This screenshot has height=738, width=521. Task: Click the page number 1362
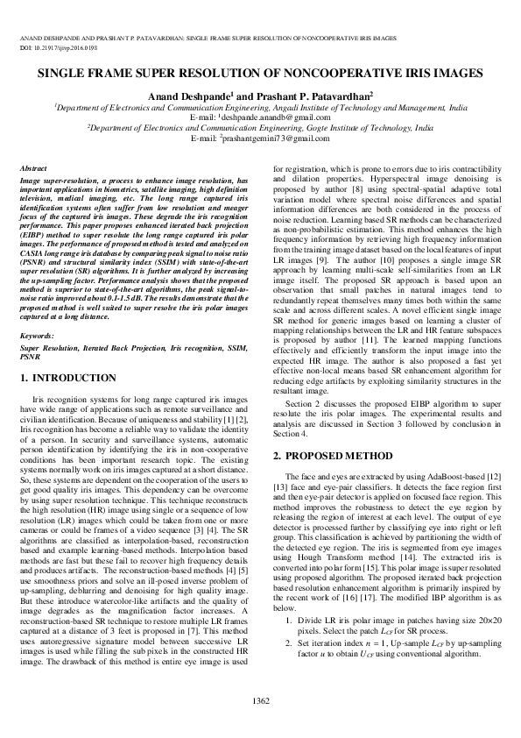point(260,700)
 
